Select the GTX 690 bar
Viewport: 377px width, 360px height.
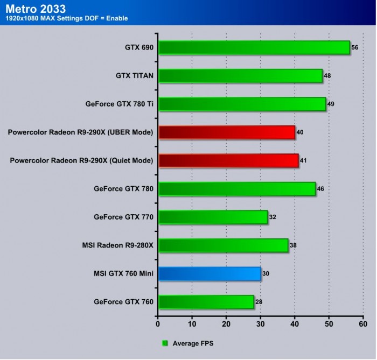tap(254, 47)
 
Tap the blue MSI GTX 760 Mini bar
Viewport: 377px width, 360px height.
tap(210, 273)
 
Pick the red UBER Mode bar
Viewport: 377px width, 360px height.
tap(227, 132)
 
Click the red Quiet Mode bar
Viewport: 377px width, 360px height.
tap(228, 160)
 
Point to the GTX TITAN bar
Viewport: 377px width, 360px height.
tap(240, 76)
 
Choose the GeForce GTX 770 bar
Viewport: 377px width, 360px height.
tap(213, 217)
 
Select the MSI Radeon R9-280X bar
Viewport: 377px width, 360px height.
tap(223, 245)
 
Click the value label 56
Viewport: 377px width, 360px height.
tap(354, 47)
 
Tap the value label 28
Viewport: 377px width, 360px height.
tap(259, 302)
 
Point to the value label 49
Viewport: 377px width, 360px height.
tap(331, 104)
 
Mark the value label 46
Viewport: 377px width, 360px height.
tap(320, 189)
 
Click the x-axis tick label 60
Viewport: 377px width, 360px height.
tap(363, 324)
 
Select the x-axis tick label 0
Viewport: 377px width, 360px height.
tap(158, 324)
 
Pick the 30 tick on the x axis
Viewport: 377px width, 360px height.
tap(260, 324)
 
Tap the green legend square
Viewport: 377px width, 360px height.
tap(165, 343)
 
